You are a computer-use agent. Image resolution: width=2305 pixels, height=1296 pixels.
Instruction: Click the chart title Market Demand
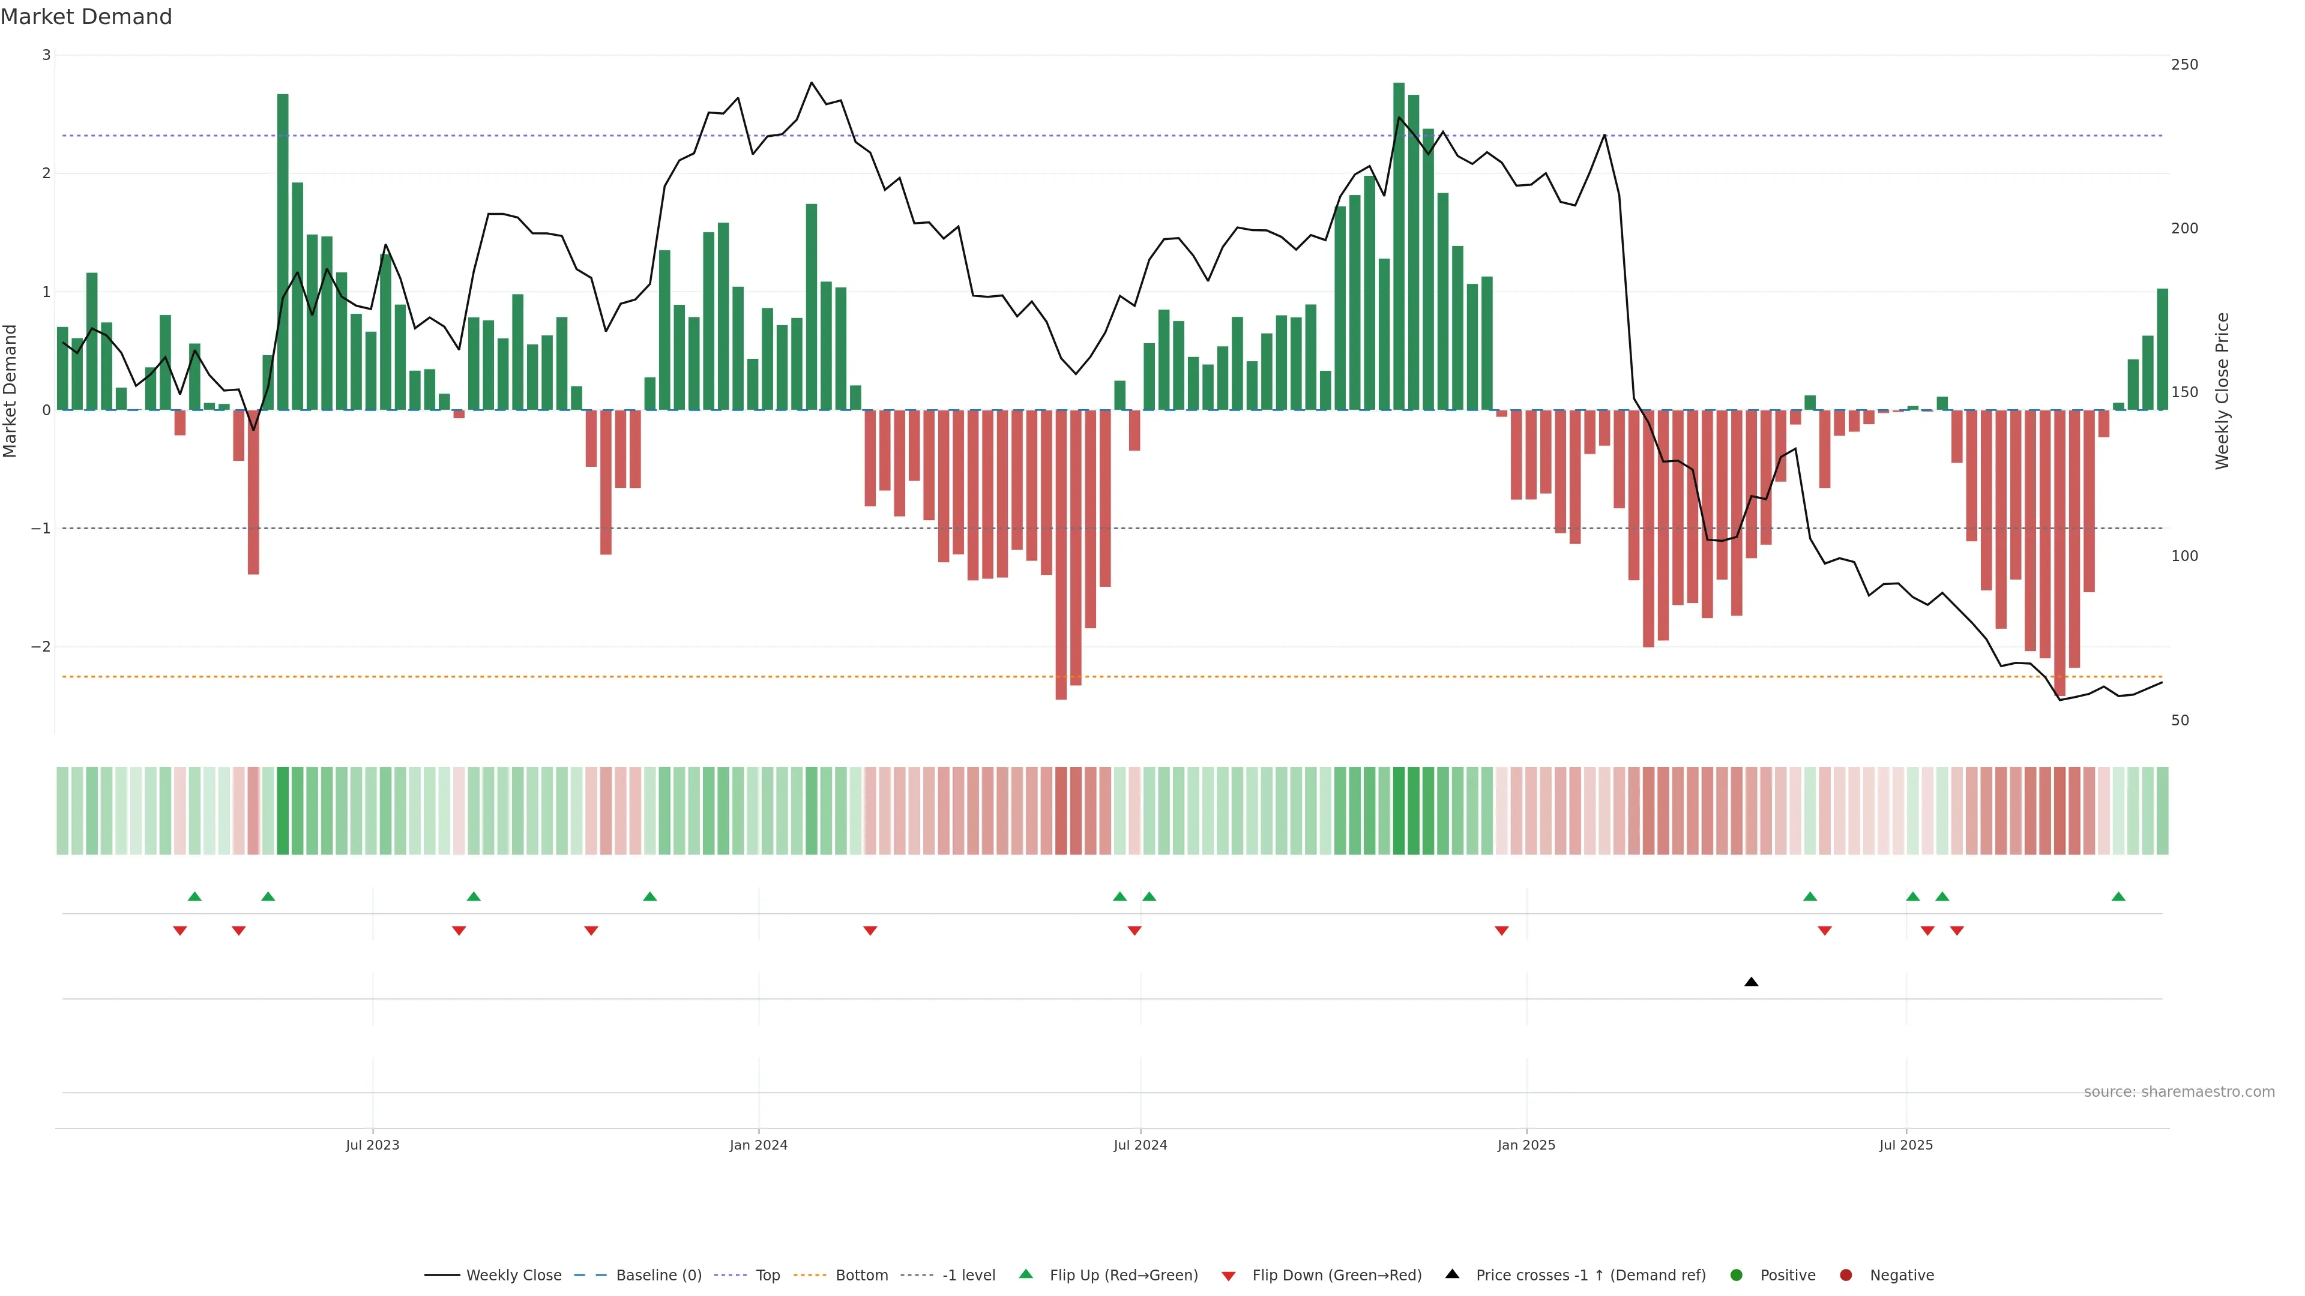[86, 17]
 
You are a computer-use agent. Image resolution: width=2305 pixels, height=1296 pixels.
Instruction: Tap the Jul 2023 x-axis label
[372, 1145]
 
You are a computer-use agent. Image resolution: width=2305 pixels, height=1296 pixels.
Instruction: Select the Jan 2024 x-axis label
[758, 1145]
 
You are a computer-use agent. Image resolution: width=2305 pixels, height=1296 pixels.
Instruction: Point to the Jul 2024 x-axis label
[1140, 1145]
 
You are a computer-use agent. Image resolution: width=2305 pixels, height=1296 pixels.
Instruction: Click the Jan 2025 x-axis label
[1526, 1145]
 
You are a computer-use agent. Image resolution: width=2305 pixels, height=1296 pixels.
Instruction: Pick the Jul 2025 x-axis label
[1906, 1145]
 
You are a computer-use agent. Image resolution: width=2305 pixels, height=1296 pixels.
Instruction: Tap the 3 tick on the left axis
[47, 55]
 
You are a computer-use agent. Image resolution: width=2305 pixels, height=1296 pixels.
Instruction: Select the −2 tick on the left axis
[41, 647]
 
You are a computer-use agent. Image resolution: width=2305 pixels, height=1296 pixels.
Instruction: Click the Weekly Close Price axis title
[2223, 391]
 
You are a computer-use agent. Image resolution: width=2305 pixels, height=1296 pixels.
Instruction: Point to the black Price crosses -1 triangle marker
[1751, 982]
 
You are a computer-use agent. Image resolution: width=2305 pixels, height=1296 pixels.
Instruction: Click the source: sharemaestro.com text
[2179, 1092]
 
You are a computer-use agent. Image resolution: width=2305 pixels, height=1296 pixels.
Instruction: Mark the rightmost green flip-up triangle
[2118, 896]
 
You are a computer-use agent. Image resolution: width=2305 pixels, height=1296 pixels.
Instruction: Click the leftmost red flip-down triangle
[180, 931]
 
